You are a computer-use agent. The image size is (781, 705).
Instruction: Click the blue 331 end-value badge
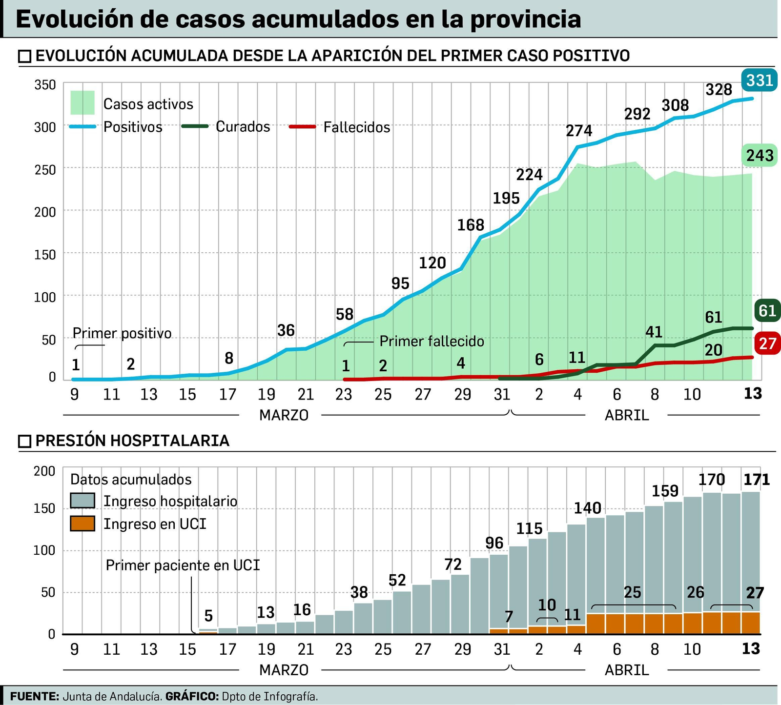click(x=760, y=80)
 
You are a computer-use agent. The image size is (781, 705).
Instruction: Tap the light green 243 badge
click(x=760, y=156)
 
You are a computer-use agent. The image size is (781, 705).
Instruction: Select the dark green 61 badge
click(x=767, y=310)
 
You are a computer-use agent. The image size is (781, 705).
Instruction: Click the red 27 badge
click(x=767, y=343)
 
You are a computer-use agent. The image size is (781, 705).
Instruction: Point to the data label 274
click(x=579, y=131)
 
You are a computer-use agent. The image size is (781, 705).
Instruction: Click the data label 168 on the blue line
click(x=471, y=225)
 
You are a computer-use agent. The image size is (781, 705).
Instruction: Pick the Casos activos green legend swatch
click(x=82, y=103)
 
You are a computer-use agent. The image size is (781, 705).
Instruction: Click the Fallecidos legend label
click(x=357, y=127)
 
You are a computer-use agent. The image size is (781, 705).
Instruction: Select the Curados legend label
click(x=243, y=127)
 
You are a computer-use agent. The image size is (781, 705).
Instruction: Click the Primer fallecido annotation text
click(x=432, y=341)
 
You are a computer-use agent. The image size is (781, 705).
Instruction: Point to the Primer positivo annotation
click(x=122, y=333)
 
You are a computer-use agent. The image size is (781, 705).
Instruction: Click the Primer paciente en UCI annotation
click(x=183, y=565)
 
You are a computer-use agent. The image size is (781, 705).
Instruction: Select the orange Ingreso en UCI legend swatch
click(x=82, y=524)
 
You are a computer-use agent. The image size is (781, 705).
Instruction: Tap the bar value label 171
click(x=756, y=480)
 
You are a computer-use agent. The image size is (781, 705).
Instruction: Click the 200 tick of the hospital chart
click(x=45, y=471)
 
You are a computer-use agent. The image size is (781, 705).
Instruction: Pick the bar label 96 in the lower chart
click(x=494, y=543)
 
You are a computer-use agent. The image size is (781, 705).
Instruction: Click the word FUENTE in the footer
click(x=34, y=696)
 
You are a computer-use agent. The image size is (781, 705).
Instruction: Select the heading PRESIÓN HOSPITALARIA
click(x=132, y=441)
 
